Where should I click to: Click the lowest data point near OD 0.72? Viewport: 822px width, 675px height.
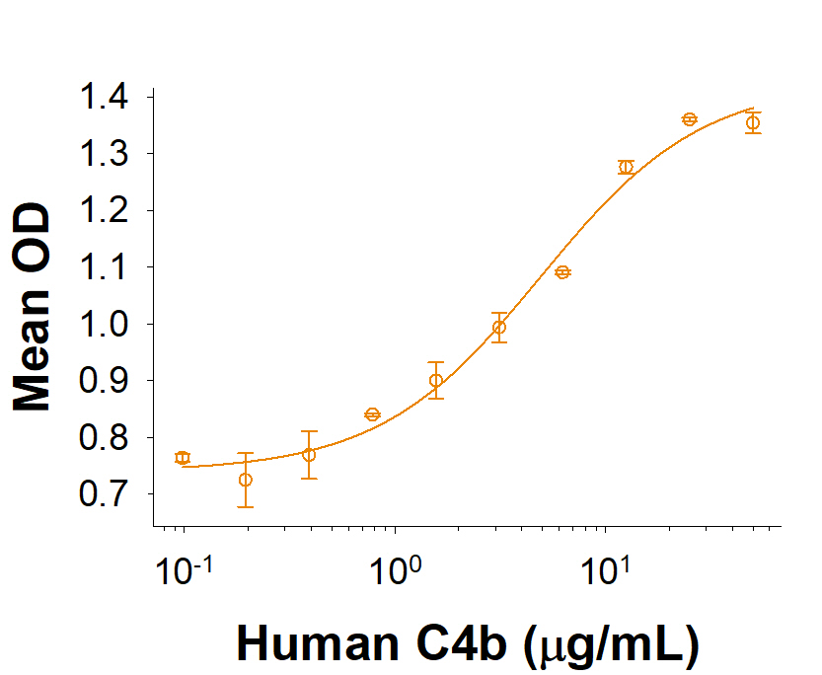coord(246,480)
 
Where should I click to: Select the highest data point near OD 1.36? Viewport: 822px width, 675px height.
coord(690,119)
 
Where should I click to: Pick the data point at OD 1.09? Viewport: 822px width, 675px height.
coord(562,272)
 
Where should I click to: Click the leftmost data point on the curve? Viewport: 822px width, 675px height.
coord(183,458)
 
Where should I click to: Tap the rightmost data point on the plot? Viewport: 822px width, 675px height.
coord(753,122)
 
